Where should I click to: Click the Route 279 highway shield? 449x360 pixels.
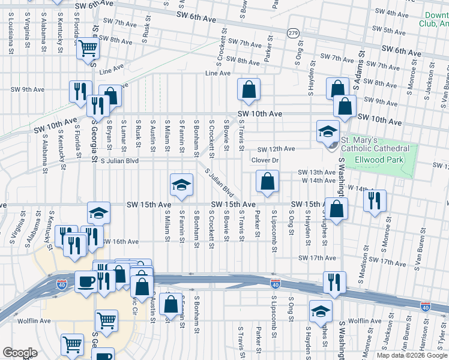292,32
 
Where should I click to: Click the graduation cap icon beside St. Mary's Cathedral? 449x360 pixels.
328,132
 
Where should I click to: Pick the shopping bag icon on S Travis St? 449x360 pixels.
249,91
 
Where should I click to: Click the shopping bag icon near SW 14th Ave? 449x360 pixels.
267,182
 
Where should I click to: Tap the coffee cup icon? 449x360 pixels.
86,281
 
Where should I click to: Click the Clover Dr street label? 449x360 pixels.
265,160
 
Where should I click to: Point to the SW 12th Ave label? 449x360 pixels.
276,149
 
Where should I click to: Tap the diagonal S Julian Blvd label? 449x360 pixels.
219,182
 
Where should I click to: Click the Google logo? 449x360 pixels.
20,353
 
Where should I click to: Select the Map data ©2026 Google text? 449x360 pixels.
412,355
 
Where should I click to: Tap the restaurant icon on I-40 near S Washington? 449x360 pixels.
334,281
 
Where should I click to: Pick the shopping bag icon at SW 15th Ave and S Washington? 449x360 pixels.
337,209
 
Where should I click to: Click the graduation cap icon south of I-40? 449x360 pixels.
321,311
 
